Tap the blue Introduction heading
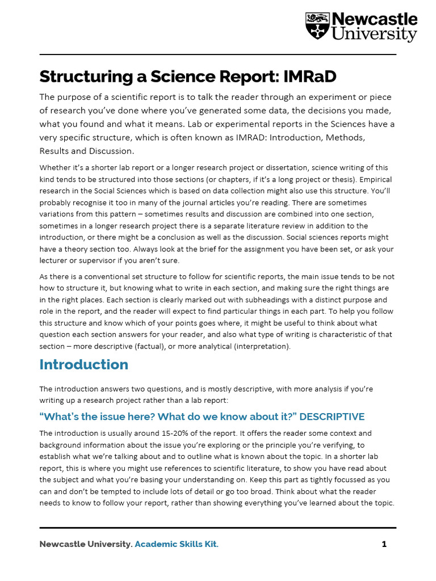tap(83, 364)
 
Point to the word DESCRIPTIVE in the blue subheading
tap(332, 417)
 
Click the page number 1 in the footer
tap(384, 544)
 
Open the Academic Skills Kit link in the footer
tap(177, 544)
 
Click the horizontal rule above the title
tap(217, 55)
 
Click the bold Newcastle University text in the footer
tap(85, 544)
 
